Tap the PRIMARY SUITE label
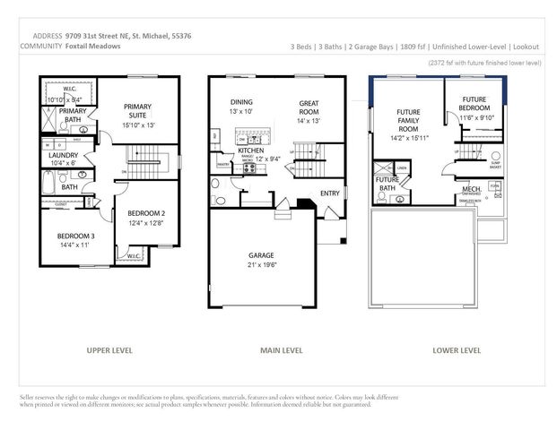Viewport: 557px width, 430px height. coord(138,110)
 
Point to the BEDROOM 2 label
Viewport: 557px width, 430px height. coord(146,213)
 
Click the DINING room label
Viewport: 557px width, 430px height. coord(241,102)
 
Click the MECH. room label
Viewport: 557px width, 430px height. coord(472,190)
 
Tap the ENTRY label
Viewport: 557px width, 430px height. coord(330,193)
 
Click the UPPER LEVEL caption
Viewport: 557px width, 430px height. coord(110,350)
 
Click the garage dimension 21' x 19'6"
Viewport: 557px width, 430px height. coord(263,266)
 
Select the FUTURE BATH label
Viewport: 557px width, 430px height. coord(387,184)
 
